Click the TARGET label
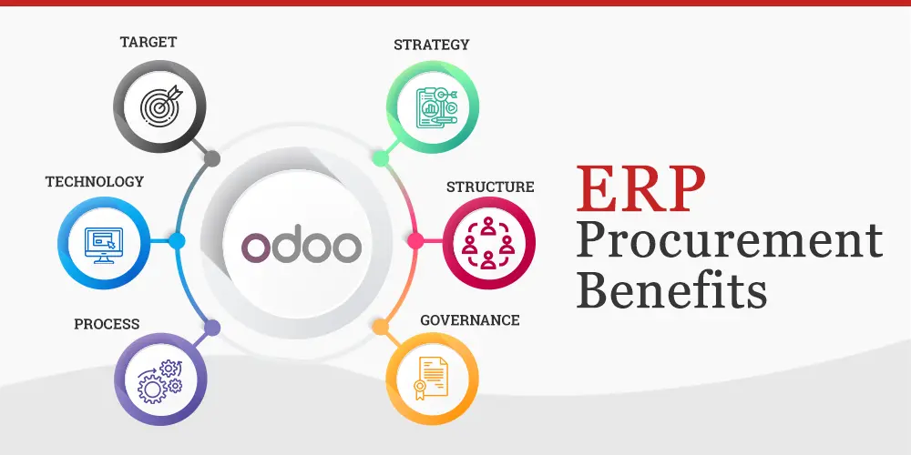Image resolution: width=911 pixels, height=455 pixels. click(x=148, y=43)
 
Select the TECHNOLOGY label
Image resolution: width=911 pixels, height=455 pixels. click(x=95, y=182)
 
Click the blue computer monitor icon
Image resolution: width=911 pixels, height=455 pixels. click(x=103, y=242)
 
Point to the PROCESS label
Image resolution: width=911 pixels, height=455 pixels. click(x=107, y=324)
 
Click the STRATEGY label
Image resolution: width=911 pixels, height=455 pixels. click(x=432, y=45)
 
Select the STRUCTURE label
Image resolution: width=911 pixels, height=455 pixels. click(x=490, y=187)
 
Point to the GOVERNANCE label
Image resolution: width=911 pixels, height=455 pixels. click(x=470, y=320)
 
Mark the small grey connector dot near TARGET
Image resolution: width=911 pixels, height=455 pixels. click(x=212, y=159)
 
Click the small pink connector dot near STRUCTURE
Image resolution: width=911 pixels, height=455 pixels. click(x=415, y=241)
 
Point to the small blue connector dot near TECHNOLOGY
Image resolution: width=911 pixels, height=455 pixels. click(x=177, y=241)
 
